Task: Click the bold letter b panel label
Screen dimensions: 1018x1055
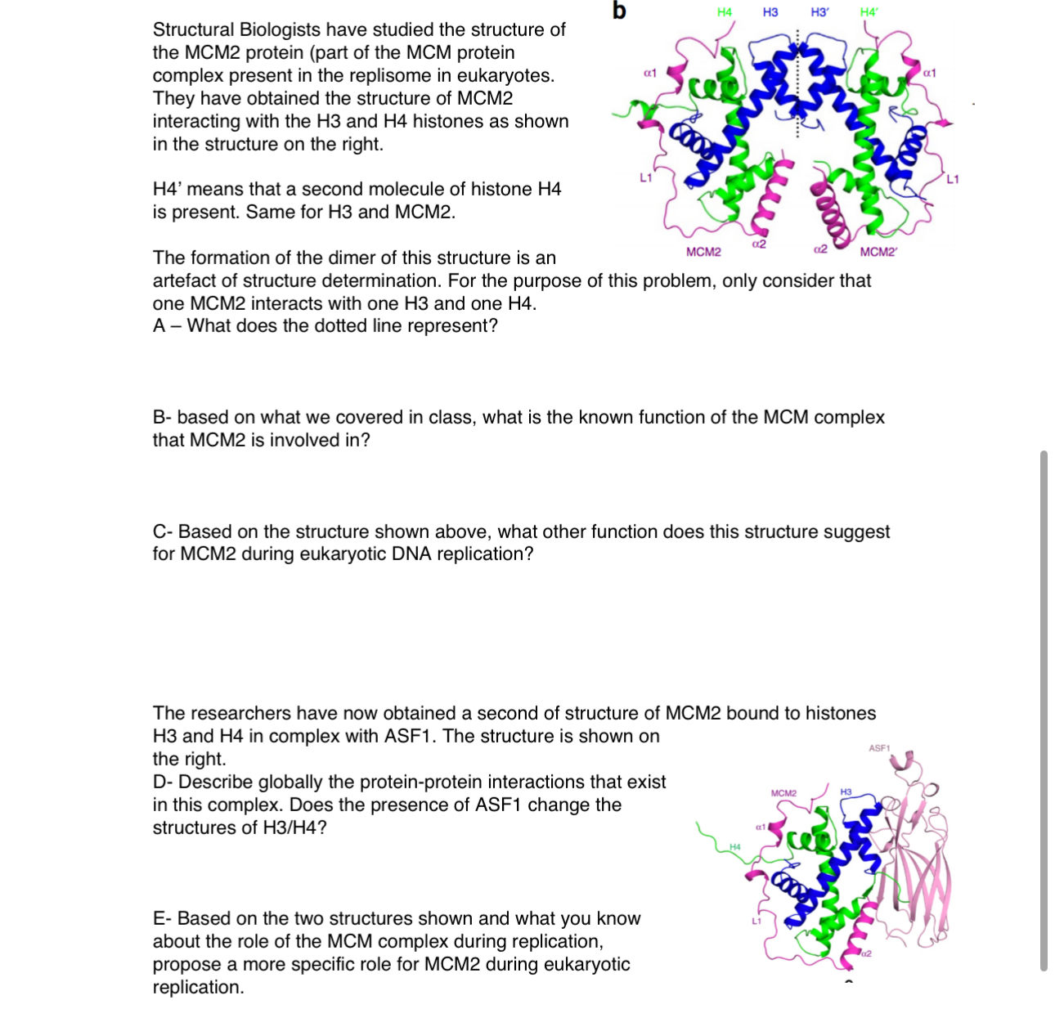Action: pyautogui.click(x=619, y=11)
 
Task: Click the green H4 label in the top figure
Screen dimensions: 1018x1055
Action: pyautogui.click(x=725, y=12)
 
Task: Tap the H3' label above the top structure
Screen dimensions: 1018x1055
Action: pyautogui.click(x=819, y=12)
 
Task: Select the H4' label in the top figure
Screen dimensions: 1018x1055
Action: pyautogui.click(x=869, y=12)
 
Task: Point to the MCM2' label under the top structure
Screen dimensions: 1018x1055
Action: pyautogui.click(x=878, y=252)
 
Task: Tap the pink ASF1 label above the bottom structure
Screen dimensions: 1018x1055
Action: pyautogui.click(x=879, y=748)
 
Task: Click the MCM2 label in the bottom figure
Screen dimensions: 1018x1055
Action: pyautogui.click(x=783, y=793)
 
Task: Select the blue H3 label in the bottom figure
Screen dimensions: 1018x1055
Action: pyautogui.click(x=846, y=792)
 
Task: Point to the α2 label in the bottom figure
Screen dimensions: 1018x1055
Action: pyautogui.click(x=866, y=953)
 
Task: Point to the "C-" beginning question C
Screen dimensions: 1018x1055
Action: pyautogui.click(x=163, y=531)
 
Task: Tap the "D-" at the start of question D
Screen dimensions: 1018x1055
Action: pyautogui.click(x=163, y=782)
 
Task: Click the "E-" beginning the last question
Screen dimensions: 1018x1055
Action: pyautogui.click(x=162, y=918)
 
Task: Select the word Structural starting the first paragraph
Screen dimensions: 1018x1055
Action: pyautogui.click(x=193, y=29)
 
